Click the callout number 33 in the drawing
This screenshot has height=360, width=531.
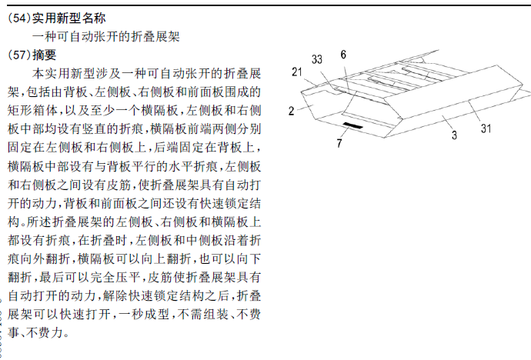click(316, 59)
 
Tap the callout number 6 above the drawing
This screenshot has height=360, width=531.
click(343, 55)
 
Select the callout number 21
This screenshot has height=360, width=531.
click(297, 72)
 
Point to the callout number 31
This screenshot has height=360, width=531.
click(486, 128)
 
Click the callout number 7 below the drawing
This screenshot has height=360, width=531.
click(339, 143)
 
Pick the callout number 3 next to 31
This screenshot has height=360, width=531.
click(454, 135)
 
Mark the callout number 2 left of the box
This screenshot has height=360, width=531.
click(291, 111)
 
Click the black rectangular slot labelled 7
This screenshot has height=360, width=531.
click(353, 126)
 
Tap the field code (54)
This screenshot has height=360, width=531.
click(19, 18)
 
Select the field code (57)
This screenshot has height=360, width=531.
click(19, 55)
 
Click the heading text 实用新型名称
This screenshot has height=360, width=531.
click(68, 18)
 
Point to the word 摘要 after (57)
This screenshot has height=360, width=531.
click(45, 55)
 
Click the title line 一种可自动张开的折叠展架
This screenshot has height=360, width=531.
click(105, 37)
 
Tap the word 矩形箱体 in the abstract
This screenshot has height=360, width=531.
click(32, 110)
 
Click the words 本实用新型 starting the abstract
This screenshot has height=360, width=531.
click(63, 73)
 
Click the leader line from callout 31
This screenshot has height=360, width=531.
click(475, 112)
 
